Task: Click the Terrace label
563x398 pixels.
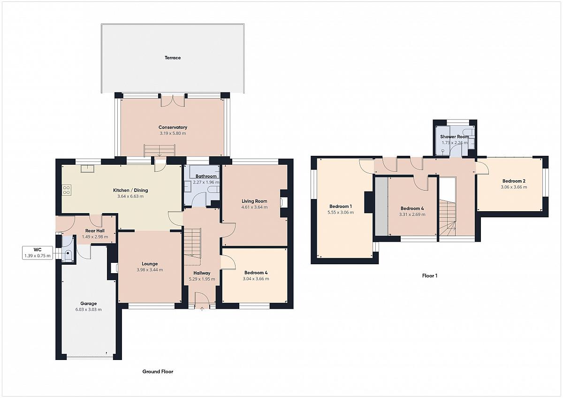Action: point(173,58)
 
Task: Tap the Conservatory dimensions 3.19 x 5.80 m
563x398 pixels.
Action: point(173,133)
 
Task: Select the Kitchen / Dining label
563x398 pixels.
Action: point(130,191)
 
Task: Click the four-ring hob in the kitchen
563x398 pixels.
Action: point(67,190)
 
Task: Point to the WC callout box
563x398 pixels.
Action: point(38,253)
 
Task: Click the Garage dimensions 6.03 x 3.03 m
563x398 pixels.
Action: point(89,309)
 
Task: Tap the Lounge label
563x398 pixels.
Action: point(150,264)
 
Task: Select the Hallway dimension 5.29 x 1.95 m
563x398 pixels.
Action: point(202,279)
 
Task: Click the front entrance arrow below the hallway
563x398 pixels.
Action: point(202,309)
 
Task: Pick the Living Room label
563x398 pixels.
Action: point(254,201)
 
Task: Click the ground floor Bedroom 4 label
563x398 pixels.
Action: point(256,273)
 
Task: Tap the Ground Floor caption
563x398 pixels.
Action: point(158,372)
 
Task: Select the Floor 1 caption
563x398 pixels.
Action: point(430,276)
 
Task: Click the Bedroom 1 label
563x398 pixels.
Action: point(341,207)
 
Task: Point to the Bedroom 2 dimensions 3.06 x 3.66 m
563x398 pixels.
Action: point(514,187)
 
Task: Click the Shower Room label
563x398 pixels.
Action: point(455,137)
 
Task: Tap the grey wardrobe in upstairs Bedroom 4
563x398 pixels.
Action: point(381,207)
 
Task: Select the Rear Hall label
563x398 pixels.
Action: point(95,231)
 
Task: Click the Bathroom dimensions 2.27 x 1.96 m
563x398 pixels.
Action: point(206,182)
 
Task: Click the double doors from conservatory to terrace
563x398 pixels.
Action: point(173,101)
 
